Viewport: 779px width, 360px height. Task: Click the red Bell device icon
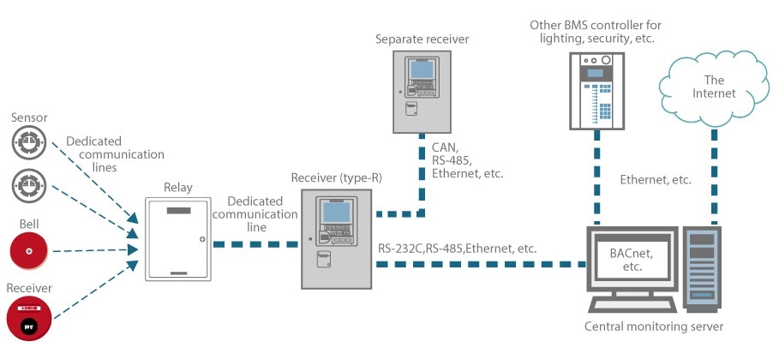[x=29, y=252]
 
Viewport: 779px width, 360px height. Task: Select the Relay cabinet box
[x=177, y=238]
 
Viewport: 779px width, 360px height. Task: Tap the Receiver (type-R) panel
[x=337, y=237]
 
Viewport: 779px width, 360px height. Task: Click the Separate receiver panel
[x=422, y=91]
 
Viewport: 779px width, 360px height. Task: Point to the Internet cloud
[x=713, y=87]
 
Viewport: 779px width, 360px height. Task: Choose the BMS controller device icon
[x=597, y=90]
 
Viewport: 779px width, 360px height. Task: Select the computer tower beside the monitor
[x=702, y=265]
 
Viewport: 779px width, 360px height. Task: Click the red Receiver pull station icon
[x=29, y=318]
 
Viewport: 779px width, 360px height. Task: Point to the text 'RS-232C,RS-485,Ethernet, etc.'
[x=457, y=248]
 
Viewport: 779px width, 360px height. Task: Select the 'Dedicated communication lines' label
[x=102, y=154]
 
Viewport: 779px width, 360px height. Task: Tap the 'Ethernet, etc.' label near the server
[x=656, y=180]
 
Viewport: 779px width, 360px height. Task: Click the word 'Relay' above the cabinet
[x=177, y=185]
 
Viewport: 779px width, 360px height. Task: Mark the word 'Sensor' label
[x=29, y=117]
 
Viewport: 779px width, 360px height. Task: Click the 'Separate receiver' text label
[x=422, y=39]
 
